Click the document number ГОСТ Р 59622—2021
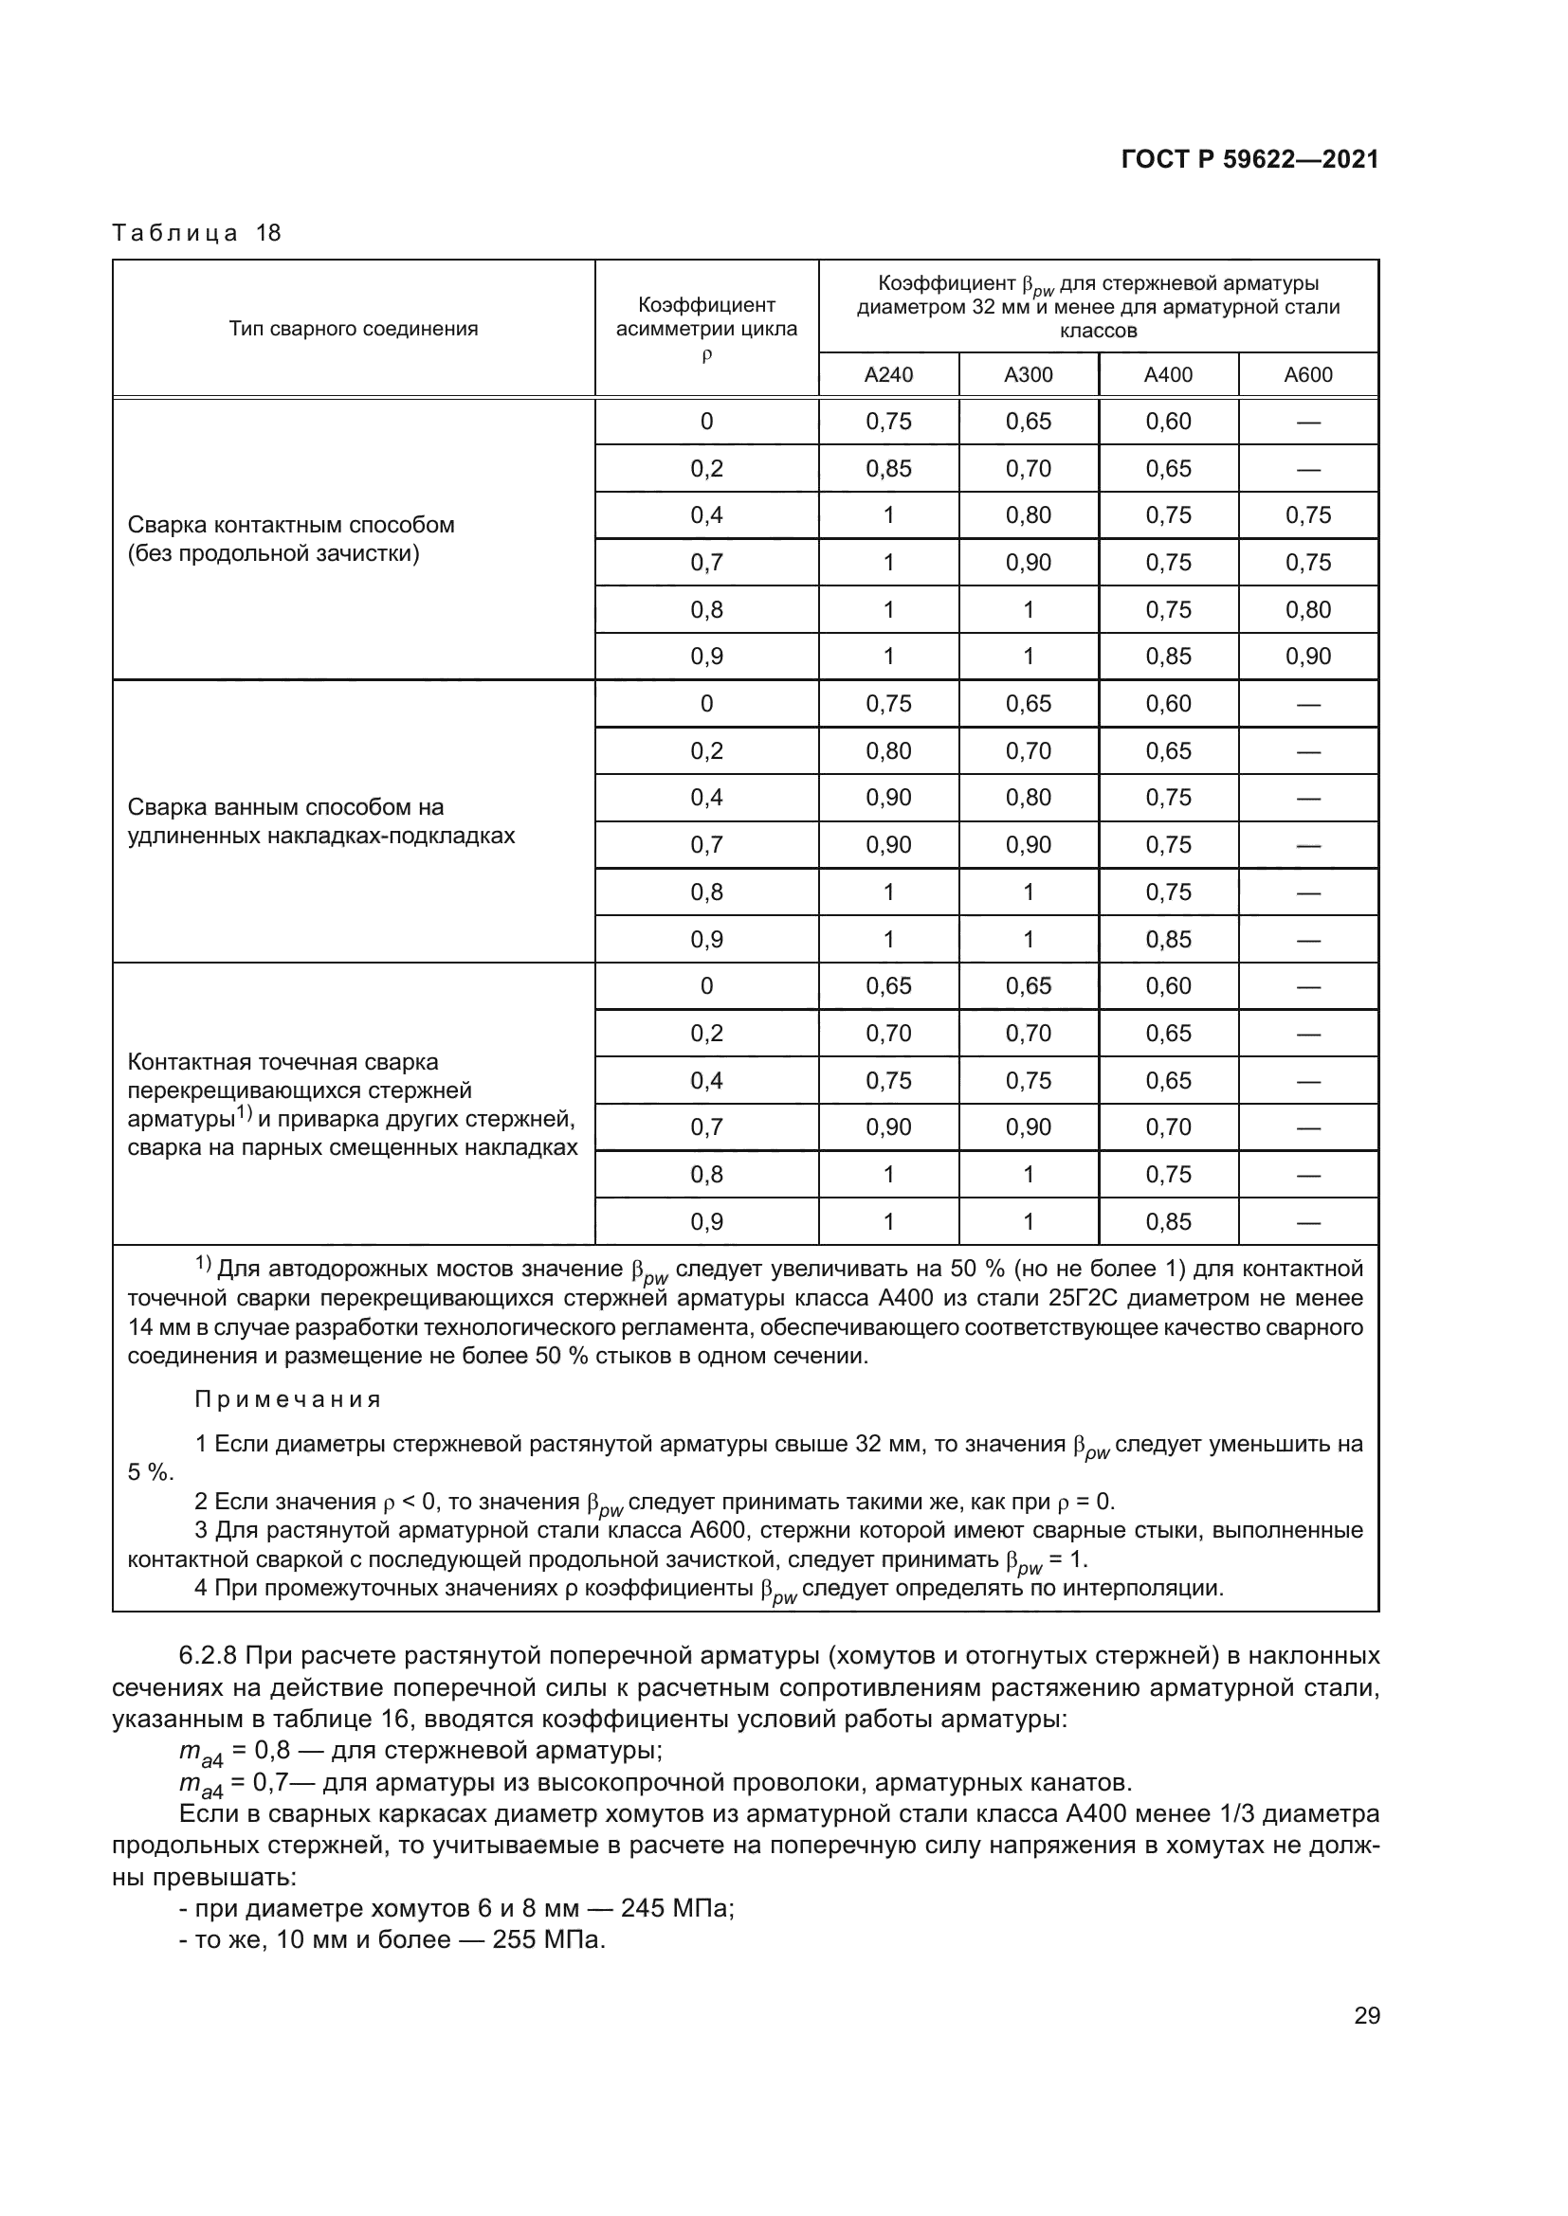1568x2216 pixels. coord(1249,160)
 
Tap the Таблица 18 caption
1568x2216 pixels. coord(196,233)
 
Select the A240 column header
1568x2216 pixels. coord(888,374)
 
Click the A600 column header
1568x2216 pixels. coord(1307,374)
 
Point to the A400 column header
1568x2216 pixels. coord(1167,374)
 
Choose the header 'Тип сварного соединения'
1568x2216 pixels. coord(354,329)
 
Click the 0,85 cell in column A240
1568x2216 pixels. coord(888,469)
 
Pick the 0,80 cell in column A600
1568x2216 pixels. coord(1307,610)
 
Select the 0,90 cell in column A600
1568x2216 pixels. coord(1307,658)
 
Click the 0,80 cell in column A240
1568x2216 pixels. coord(888,751)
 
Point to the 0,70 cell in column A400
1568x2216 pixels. coord(1167,1127)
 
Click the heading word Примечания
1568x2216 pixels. coord(288,1399)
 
